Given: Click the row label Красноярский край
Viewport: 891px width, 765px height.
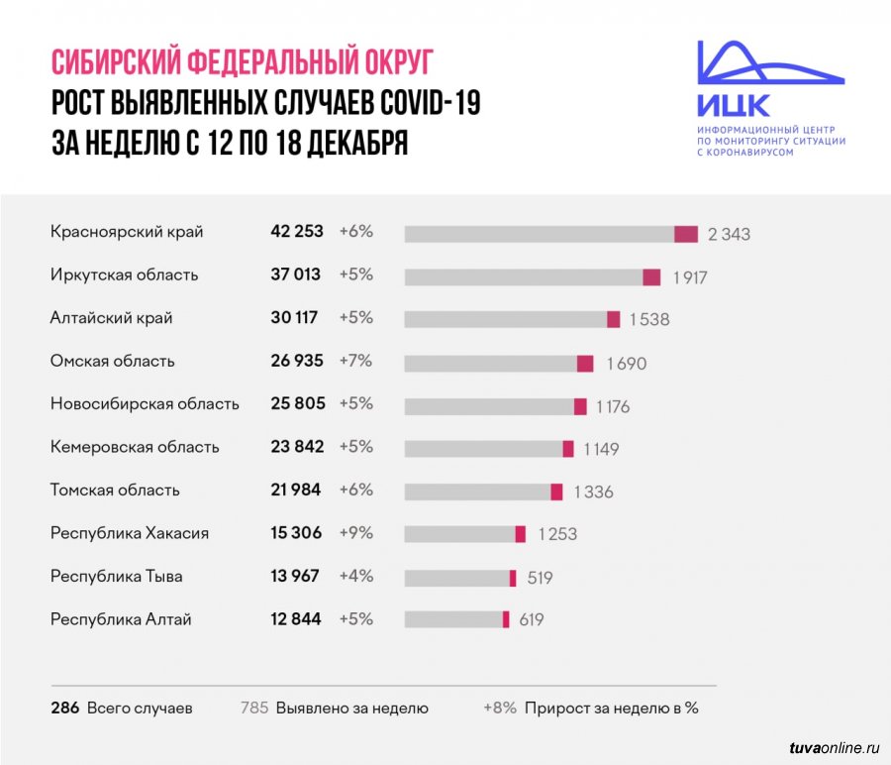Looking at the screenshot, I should coord(127,232).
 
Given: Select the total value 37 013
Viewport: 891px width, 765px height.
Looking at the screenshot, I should coord(297,274).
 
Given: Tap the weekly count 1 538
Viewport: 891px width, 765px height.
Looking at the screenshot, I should coord(649,319).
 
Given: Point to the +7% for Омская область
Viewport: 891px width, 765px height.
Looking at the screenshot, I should coord(355,361).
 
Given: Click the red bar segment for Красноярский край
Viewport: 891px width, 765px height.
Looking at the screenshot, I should coord(686,234).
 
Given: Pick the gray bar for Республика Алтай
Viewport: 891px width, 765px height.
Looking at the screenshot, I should coord(453,619).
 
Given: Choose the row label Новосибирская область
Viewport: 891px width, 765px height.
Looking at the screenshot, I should coord(145,404).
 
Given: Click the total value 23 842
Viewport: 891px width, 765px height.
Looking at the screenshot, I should coord(297,447).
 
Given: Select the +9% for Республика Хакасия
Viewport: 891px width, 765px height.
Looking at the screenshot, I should coord(355,533).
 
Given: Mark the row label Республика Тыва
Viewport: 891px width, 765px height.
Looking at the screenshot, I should coord(117,577).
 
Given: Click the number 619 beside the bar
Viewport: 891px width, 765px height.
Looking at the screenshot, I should coord(531,620).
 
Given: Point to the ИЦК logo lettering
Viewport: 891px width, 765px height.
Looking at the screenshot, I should coord(733,104).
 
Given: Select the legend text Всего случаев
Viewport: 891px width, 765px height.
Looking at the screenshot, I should coord(140,709).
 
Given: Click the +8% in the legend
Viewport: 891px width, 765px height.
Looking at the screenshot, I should coord(500,709).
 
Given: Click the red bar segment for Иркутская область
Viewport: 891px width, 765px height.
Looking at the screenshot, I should coord(651,276).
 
